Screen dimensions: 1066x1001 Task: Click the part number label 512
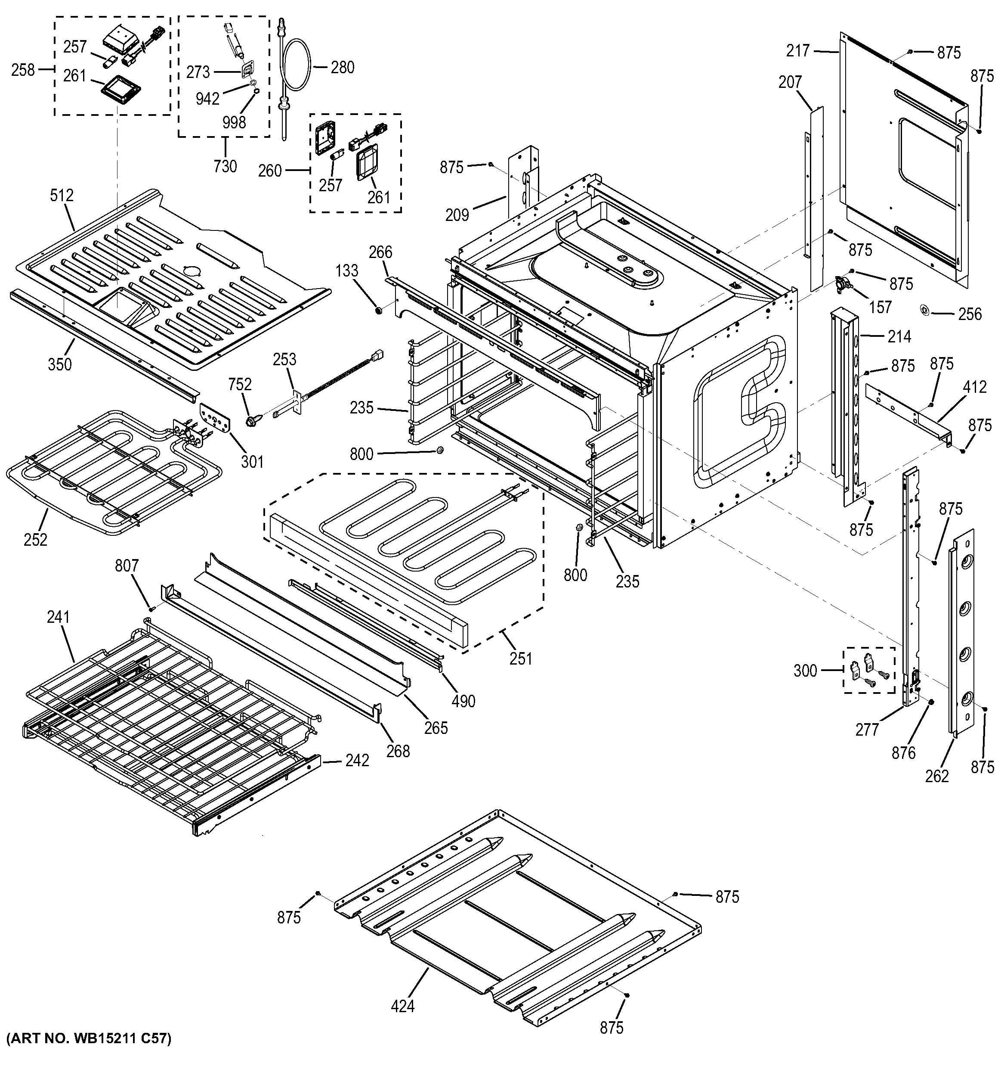coord(62,196)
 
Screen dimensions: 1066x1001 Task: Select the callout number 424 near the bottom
coord(402,1006)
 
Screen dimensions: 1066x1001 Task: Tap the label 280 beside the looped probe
coord(343,68)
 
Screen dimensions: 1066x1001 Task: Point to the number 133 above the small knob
coord(347,271)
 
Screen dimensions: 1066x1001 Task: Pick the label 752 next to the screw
coord(240,385)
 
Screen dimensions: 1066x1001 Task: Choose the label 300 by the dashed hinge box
coord(805,671)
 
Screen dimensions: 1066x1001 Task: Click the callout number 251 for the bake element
coord(520,658)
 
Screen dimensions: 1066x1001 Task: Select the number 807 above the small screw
coord(127,566)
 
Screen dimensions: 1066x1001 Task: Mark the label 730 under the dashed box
coord(225,166)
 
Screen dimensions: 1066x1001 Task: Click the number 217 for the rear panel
coord(798,51)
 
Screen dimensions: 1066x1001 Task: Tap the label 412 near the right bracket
coord(974,387)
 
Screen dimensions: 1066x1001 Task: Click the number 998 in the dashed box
coord(234,122)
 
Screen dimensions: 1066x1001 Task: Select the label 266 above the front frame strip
coord(380,252)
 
